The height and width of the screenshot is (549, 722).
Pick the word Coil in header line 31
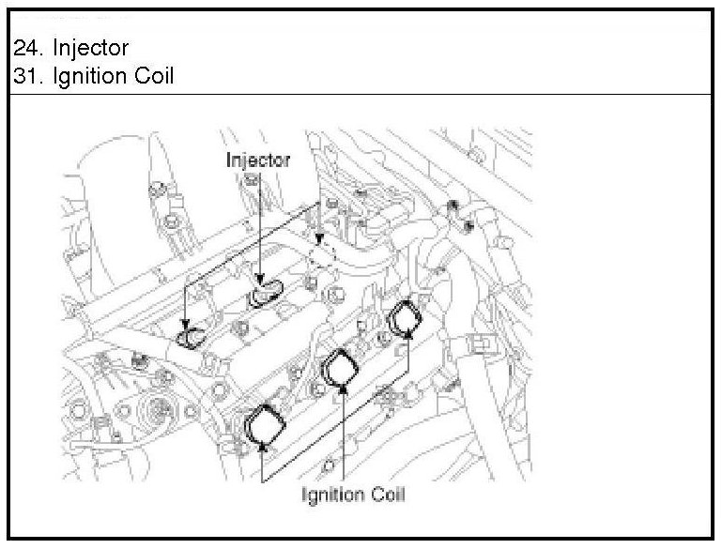[154, 76]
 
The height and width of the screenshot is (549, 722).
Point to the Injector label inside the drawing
[256, 160]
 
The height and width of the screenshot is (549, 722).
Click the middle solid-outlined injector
[265, 293]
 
